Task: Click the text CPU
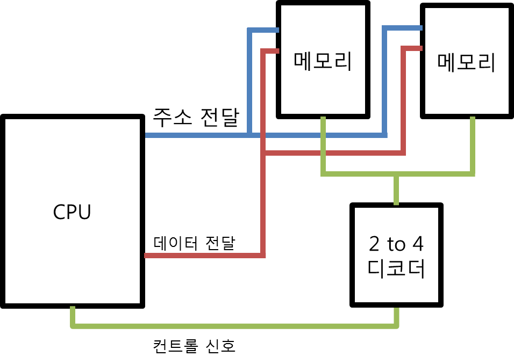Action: pyautogui.click(x=72, y=212)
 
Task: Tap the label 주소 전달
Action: pyautogui.click(x=195, y=117)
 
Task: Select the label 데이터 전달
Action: pyautogui.click(x=194, y=244)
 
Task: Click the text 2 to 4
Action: pyautogui.click(x=396, y=245)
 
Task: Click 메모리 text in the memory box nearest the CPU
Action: pyautogui.click(x=323, y=61)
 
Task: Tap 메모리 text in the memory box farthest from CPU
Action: pyautogui.click(x=466, y=63)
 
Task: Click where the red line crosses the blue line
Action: pyautogui.click(x=263, y=136)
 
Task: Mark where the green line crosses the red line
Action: pyautogui.click(x=323, y=154)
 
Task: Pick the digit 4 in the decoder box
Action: pyautogui.click(x=417, y=245)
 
